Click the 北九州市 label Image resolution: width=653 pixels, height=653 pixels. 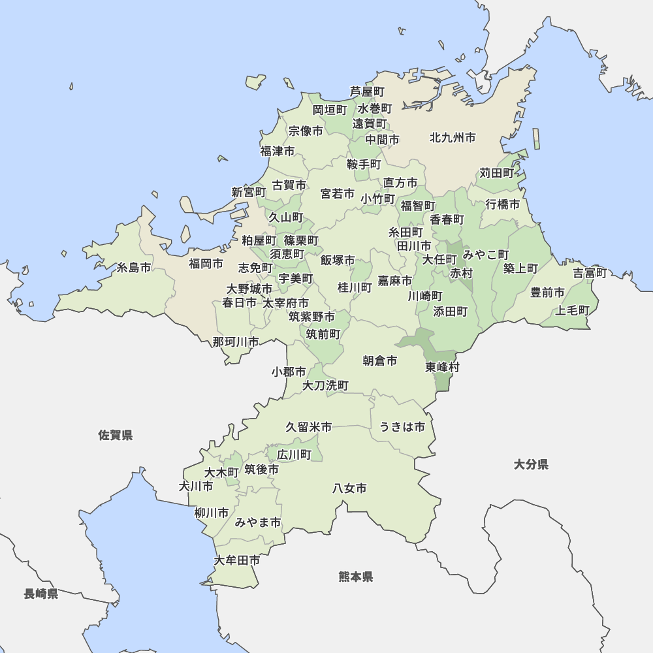(x=453, y=138)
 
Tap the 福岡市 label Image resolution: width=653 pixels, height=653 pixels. (x=206, y=264)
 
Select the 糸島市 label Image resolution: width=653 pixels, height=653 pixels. (x=134, y=268)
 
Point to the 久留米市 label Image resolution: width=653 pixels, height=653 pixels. (x=308, y=427)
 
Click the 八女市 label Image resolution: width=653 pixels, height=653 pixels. (x=349, y=488)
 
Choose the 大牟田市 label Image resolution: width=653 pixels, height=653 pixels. (x=237, y=560)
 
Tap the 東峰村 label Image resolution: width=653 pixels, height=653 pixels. (x=442, y=367)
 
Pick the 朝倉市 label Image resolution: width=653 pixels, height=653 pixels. (x=379, y=360)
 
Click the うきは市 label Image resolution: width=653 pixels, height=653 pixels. (x=402, y=427)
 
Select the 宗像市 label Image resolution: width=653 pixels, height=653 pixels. (x=306, y=131)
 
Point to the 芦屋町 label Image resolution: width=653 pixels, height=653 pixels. (x=367, y=91)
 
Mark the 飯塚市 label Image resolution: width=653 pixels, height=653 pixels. (x=338, y=261)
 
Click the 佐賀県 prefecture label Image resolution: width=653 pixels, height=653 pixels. (x=116, y=435)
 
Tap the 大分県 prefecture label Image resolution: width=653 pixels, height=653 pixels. (x=531, y=464)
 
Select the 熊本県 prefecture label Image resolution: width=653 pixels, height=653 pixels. (x=356, y=577)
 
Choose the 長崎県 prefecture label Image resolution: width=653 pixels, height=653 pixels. (x=41, y=594)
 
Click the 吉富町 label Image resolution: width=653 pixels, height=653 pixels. (x=590, y=273)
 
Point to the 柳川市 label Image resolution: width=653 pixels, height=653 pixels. (x=212, y=513)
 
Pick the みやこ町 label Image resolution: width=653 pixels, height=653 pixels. (x=486, y=254)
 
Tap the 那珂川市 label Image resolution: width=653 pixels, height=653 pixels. (x=235, y=342)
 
